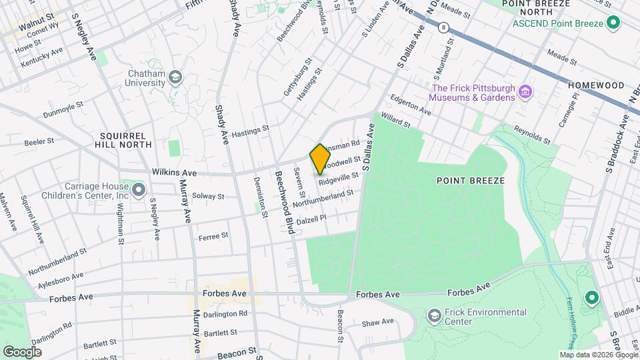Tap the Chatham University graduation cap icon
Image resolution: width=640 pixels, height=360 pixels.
pyautogui.click(x=175, y=77)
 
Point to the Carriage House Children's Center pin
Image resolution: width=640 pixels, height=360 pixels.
pyautogui.click(x=138, y=191)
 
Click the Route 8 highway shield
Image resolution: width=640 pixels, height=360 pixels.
pyautogui.click(x=443, y=28)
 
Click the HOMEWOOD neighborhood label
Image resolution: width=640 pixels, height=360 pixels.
pyautogui.click(x=595, y=85)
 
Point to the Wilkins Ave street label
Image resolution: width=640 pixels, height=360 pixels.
pyautogui.click(x=174, y=172)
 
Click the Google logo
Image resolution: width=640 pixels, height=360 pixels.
pyautogui.click(x=22, y=351)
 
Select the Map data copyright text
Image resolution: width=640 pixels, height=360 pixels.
pyautogui.click(x=597, y=355)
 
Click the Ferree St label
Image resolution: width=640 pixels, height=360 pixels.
pyautogui.click(x=213, y=235)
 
